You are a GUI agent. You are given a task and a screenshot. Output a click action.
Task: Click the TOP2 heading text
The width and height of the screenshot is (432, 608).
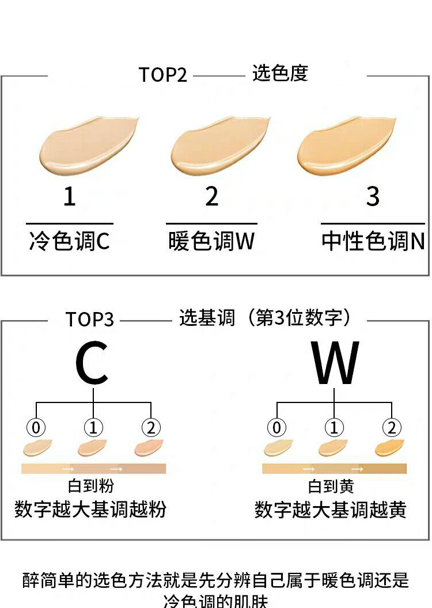[163, 75]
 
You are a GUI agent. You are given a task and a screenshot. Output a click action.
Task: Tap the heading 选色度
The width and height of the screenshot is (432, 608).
[280, 73]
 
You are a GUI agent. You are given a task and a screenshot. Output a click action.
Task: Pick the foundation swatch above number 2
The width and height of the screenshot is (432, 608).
[219, 146]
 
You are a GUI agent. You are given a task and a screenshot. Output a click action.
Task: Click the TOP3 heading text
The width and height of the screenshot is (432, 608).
[89, 320]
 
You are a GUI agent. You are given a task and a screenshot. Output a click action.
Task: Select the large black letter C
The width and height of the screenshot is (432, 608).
[92, 364]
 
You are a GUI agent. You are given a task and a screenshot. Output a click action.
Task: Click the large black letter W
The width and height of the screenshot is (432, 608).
[335, 364]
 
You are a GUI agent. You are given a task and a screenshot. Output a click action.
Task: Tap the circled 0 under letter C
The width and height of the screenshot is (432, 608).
[36, 428]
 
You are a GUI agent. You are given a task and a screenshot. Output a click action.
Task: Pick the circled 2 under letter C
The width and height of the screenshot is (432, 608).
[151, 428]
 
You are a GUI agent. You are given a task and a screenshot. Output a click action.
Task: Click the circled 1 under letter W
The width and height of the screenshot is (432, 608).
[334, 428]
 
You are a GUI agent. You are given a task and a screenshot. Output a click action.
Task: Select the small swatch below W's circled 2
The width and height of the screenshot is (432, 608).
[390, 447]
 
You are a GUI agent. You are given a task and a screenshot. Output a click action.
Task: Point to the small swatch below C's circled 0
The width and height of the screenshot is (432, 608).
[37, 447]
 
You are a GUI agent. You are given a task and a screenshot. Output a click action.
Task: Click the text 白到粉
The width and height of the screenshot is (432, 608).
[91, 487]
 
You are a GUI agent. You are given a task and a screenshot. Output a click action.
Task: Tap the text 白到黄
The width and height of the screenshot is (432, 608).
[331, 487]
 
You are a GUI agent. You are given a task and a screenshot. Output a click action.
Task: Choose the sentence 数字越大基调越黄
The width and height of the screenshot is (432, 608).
[331, 510]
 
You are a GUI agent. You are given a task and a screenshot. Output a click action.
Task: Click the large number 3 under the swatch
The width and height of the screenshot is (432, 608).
[373, 197]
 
